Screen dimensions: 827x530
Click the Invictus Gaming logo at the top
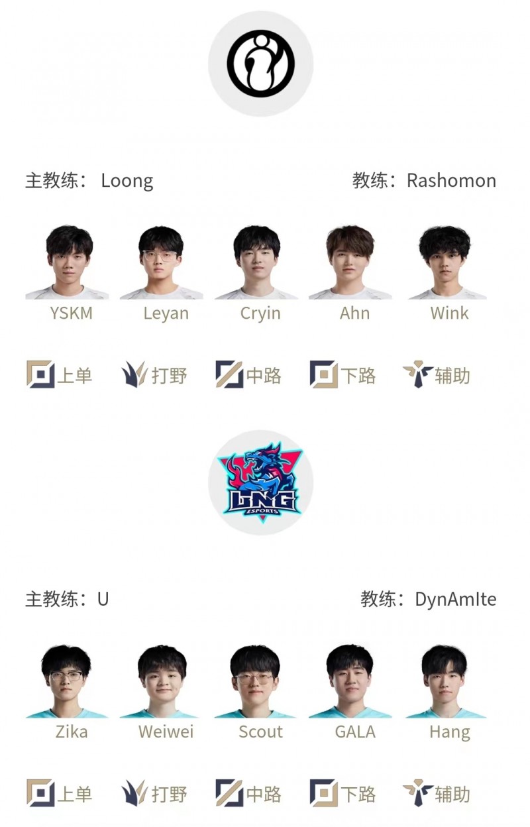coord(260,64)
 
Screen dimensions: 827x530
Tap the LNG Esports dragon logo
coord(260,482)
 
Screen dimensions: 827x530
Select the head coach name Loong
coord(127,181)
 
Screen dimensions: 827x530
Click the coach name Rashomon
coord(451,181)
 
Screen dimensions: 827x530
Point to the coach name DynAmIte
coord(455,600)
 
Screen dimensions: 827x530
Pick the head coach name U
coord(103,600)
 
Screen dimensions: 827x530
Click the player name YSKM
coord(71,313)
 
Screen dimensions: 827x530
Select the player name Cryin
coord(260,313)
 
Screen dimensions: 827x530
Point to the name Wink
coord(449,313)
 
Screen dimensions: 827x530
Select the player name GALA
coord(355,732)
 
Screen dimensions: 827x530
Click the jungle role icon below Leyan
coord(134,375)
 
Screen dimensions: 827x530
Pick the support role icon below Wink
coord(417,375)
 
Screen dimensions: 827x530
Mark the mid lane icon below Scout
coord(229,793)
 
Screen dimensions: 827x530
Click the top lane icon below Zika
coord(40,793)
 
